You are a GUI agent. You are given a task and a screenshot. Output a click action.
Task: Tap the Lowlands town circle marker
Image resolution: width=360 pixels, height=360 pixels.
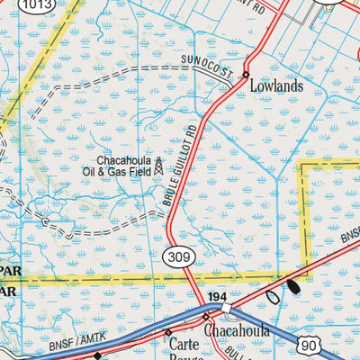245,76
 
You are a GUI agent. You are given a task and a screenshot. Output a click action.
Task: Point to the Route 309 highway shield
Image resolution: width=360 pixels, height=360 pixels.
177,257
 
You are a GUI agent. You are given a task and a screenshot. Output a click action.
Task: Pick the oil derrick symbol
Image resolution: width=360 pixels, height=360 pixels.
159,166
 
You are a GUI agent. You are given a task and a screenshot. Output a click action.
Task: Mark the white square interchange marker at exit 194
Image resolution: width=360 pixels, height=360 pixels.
227,308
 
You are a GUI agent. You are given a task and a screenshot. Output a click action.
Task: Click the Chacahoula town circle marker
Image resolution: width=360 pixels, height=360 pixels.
206,318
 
